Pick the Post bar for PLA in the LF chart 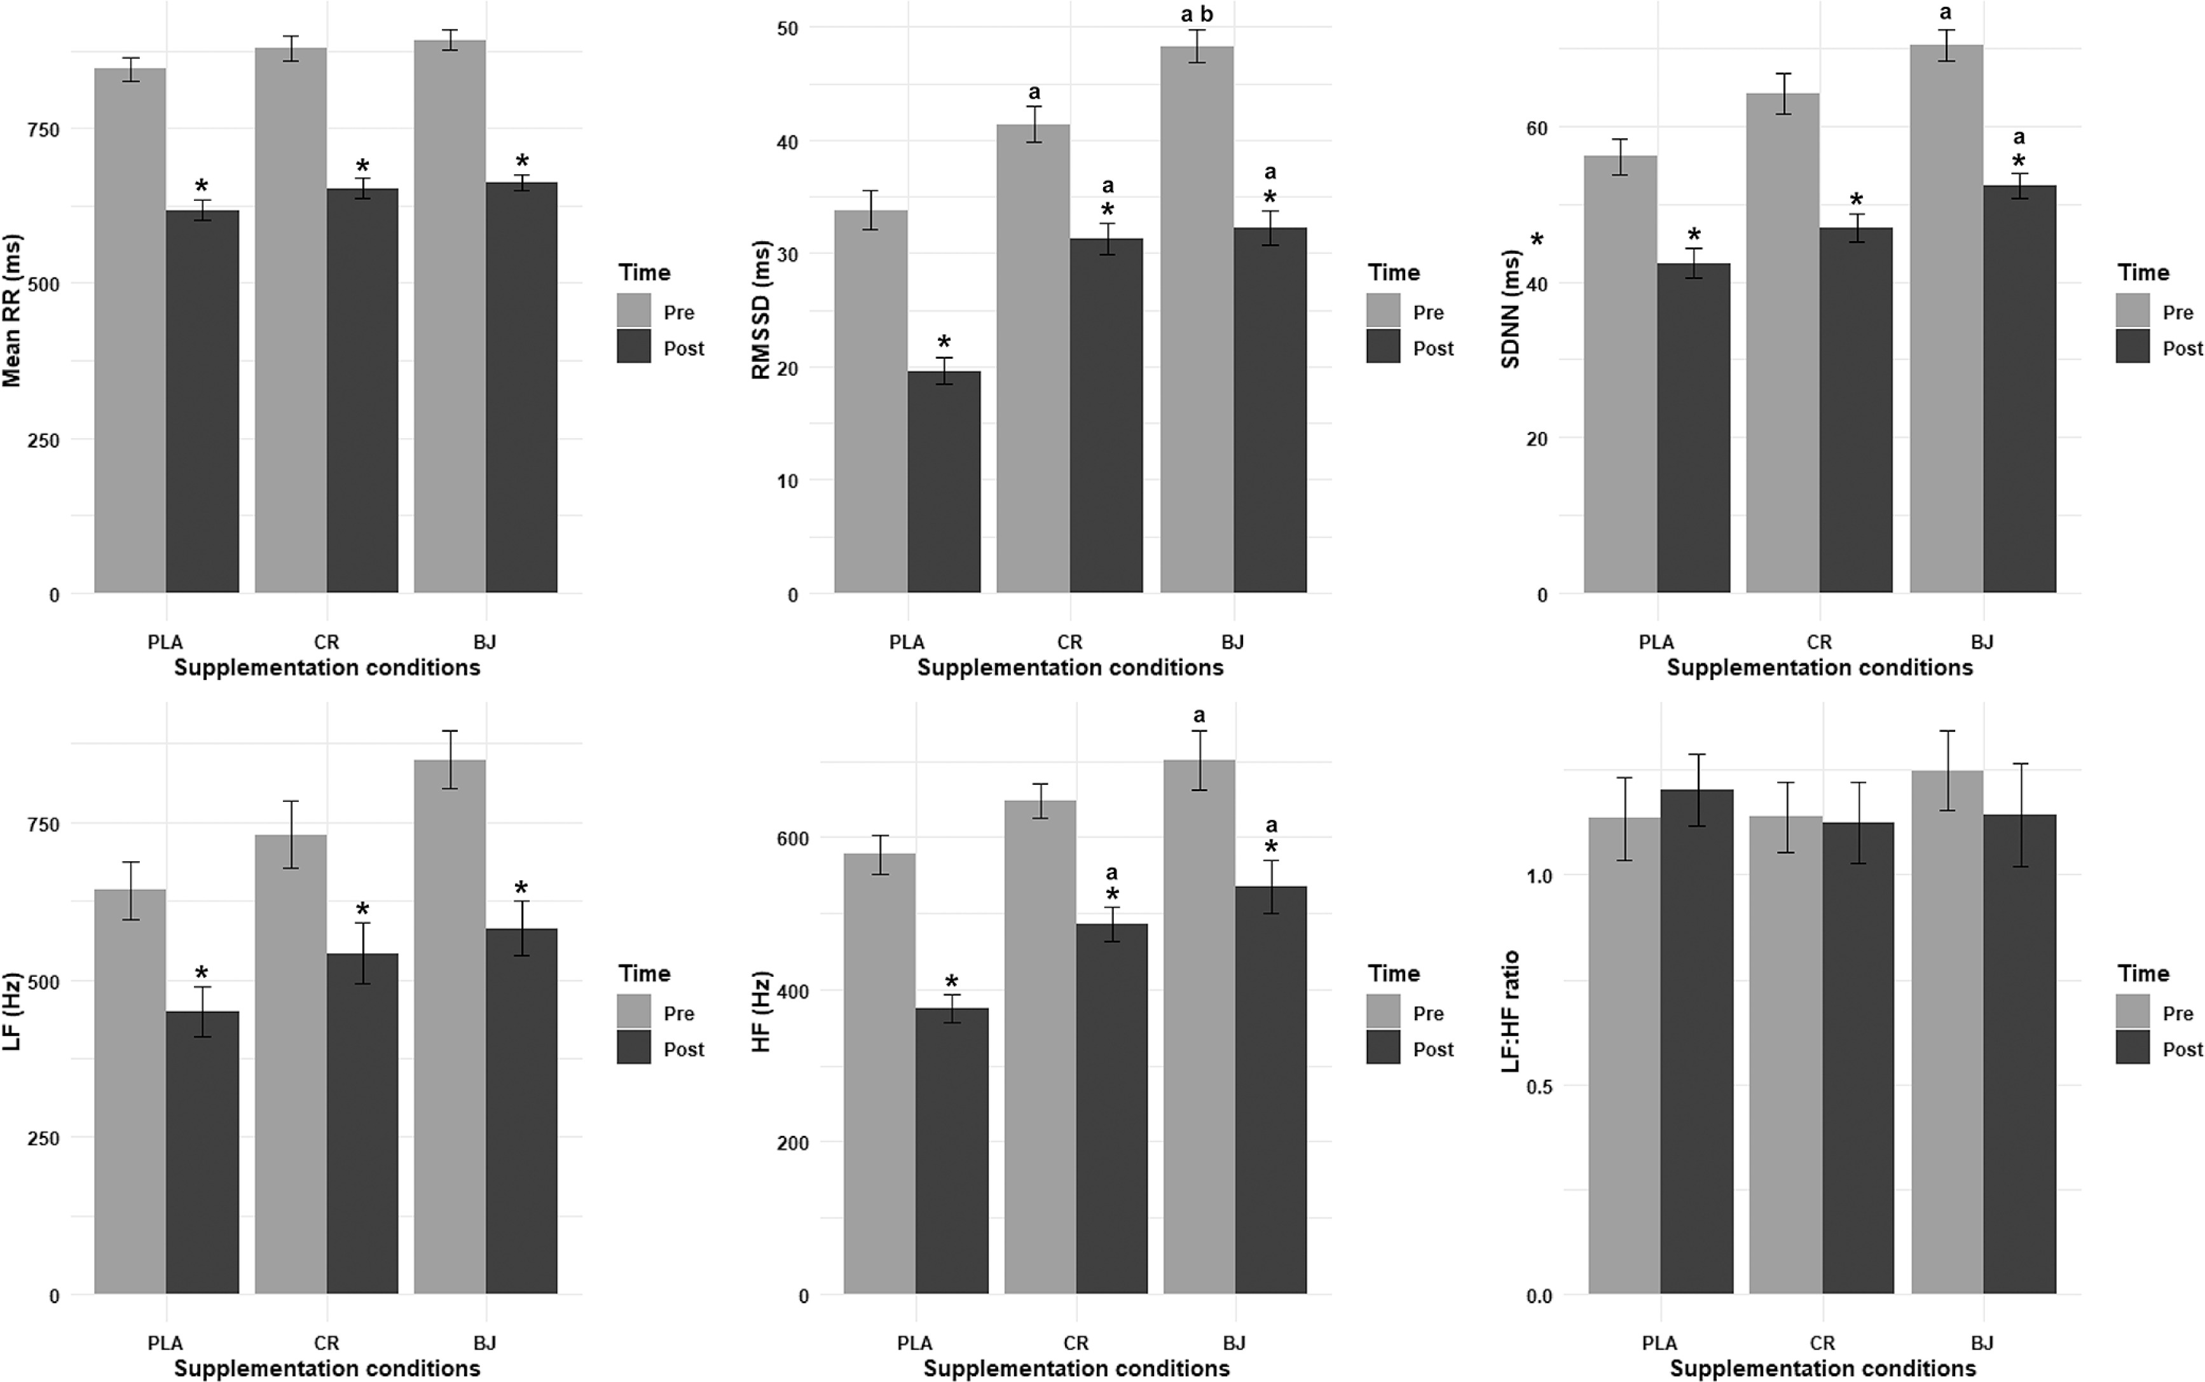point(202,1152)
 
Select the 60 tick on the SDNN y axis point(1536,128)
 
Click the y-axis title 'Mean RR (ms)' point(13,311)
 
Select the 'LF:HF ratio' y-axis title point(1511,1010)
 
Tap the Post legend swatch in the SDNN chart point(2132,347)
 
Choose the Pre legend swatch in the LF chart point(633,1012)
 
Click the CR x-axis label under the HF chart point(1076,1343)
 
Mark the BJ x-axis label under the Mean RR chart point(484,642)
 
